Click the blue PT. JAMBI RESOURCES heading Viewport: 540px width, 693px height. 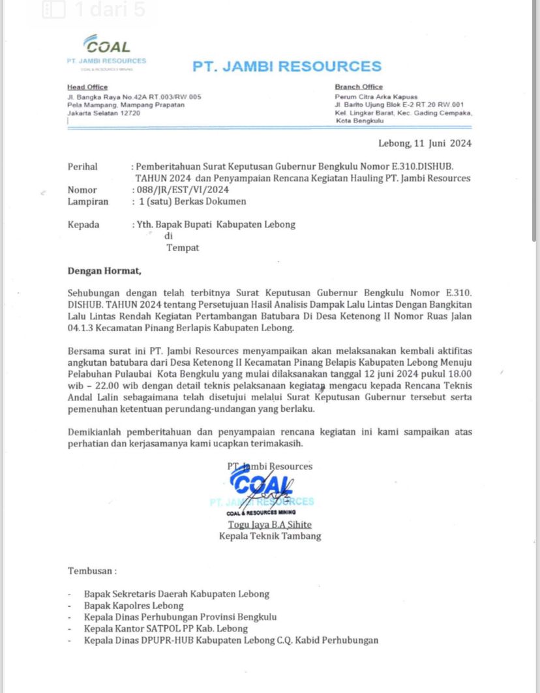click(x=287, y=66)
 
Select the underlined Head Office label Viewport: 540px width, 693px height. click(x=87, y=87)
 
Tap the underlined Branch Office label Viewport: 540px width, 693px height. click(x=359, y=87)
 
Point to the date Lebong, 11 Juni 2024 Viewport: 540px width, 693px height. click(x=425, y=143)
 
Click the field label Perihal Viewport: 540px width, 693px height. click(x=83, y=167)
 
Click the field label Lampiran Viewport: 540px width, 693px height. click(x=88, y=201)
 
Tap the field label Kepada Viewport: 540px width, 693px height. click(x=84, y=224)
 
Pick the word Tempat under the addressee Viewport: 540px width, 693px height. click(x=183, y=248)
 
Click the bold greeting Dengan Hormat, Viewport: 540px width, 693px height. click(x=104, y=271)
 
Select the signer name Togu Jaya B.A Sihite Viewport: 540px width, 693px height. click(x=269, y=525)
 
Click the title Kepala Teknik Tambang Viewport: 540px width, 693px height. click(x=270, y=537)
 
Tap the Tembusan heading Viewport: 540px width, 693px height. click(x=92, y=571)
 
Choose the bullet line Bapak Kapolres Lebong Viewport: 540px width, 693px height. click(x=134, y=606)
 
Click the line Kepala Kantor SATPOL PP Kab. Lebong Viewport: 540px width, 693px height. click(x=166, y=628)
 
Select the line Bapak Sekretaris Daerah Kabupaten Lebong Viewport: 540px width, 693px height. click(x=176, y=594)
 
